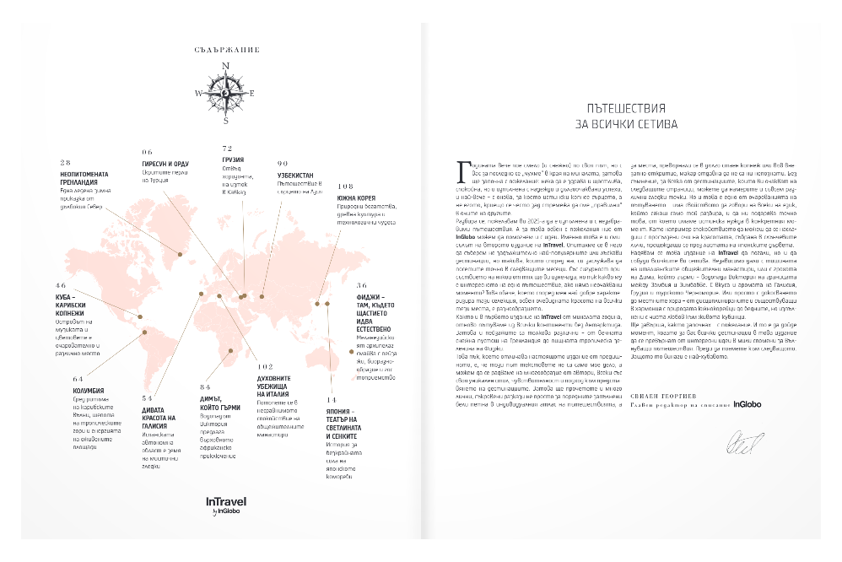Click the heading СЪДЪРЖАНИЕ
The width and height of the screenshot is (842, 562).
[x=225, y=51]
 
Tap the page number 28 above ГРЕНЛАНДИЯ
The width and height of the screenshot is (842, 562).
[x=65, y=162]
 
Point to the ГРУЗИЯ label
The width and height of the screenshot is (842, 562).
[x=235, y=158]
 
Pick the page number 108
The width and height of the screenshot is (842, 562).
[x=344, y=186]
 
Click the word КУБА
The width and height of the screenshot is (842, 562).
[x=66, y=296]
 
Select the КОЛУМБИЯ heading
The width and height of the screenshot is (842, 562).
[x=89, y=391]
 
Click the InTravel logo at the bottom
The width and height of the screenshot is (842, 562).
[x=225, y=502]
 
